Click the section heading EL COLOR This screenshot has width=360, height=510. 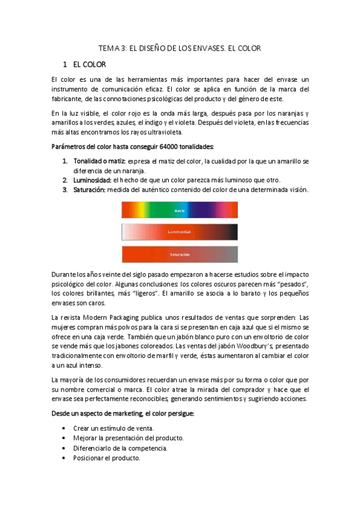pos(90,64)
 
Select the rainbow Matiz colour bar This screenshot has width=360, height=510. pos(180,210)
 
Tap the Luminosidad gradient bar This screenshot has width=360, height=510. pos(180,232)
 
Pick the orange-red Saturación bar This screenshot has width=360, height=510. pos(180,254)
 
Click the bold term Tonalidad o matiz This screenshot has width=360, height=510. pos(99,162)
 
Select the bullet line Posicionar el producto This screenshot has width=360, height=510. pos(106,458)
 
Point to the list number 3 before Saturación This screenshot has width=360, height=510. pos(65,189)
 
